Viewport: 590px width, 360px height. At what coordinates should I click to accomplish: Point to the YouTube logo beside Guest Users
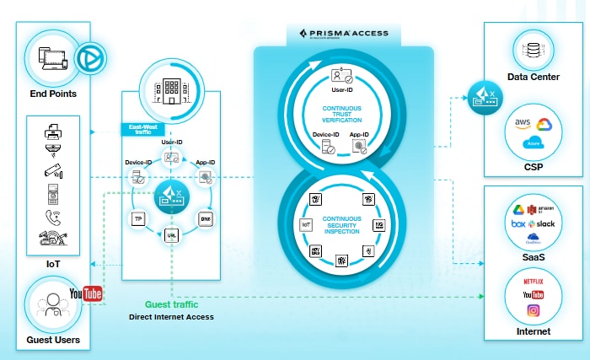click(86, 293)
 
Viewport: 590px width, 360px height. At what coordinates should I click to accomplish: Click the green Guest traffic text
click(171, 305)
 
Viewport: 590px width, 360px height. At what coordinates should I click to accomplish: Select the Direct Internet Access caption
click(171, 318)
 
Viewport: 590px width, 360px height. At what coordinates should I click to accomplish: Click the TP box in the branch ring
click(137, 218)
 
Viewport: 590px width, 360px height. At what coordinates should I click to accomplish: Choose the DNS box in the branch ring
click(205, 218)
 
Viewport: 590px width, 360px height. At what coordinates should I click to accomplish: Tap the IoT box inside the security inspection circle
click(307, 225)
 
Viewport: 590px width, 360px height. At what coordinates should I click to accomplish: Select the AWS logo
click(522, 123)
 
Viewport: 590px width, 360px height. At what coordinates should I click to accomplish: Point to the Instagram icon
click(533, 311)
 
